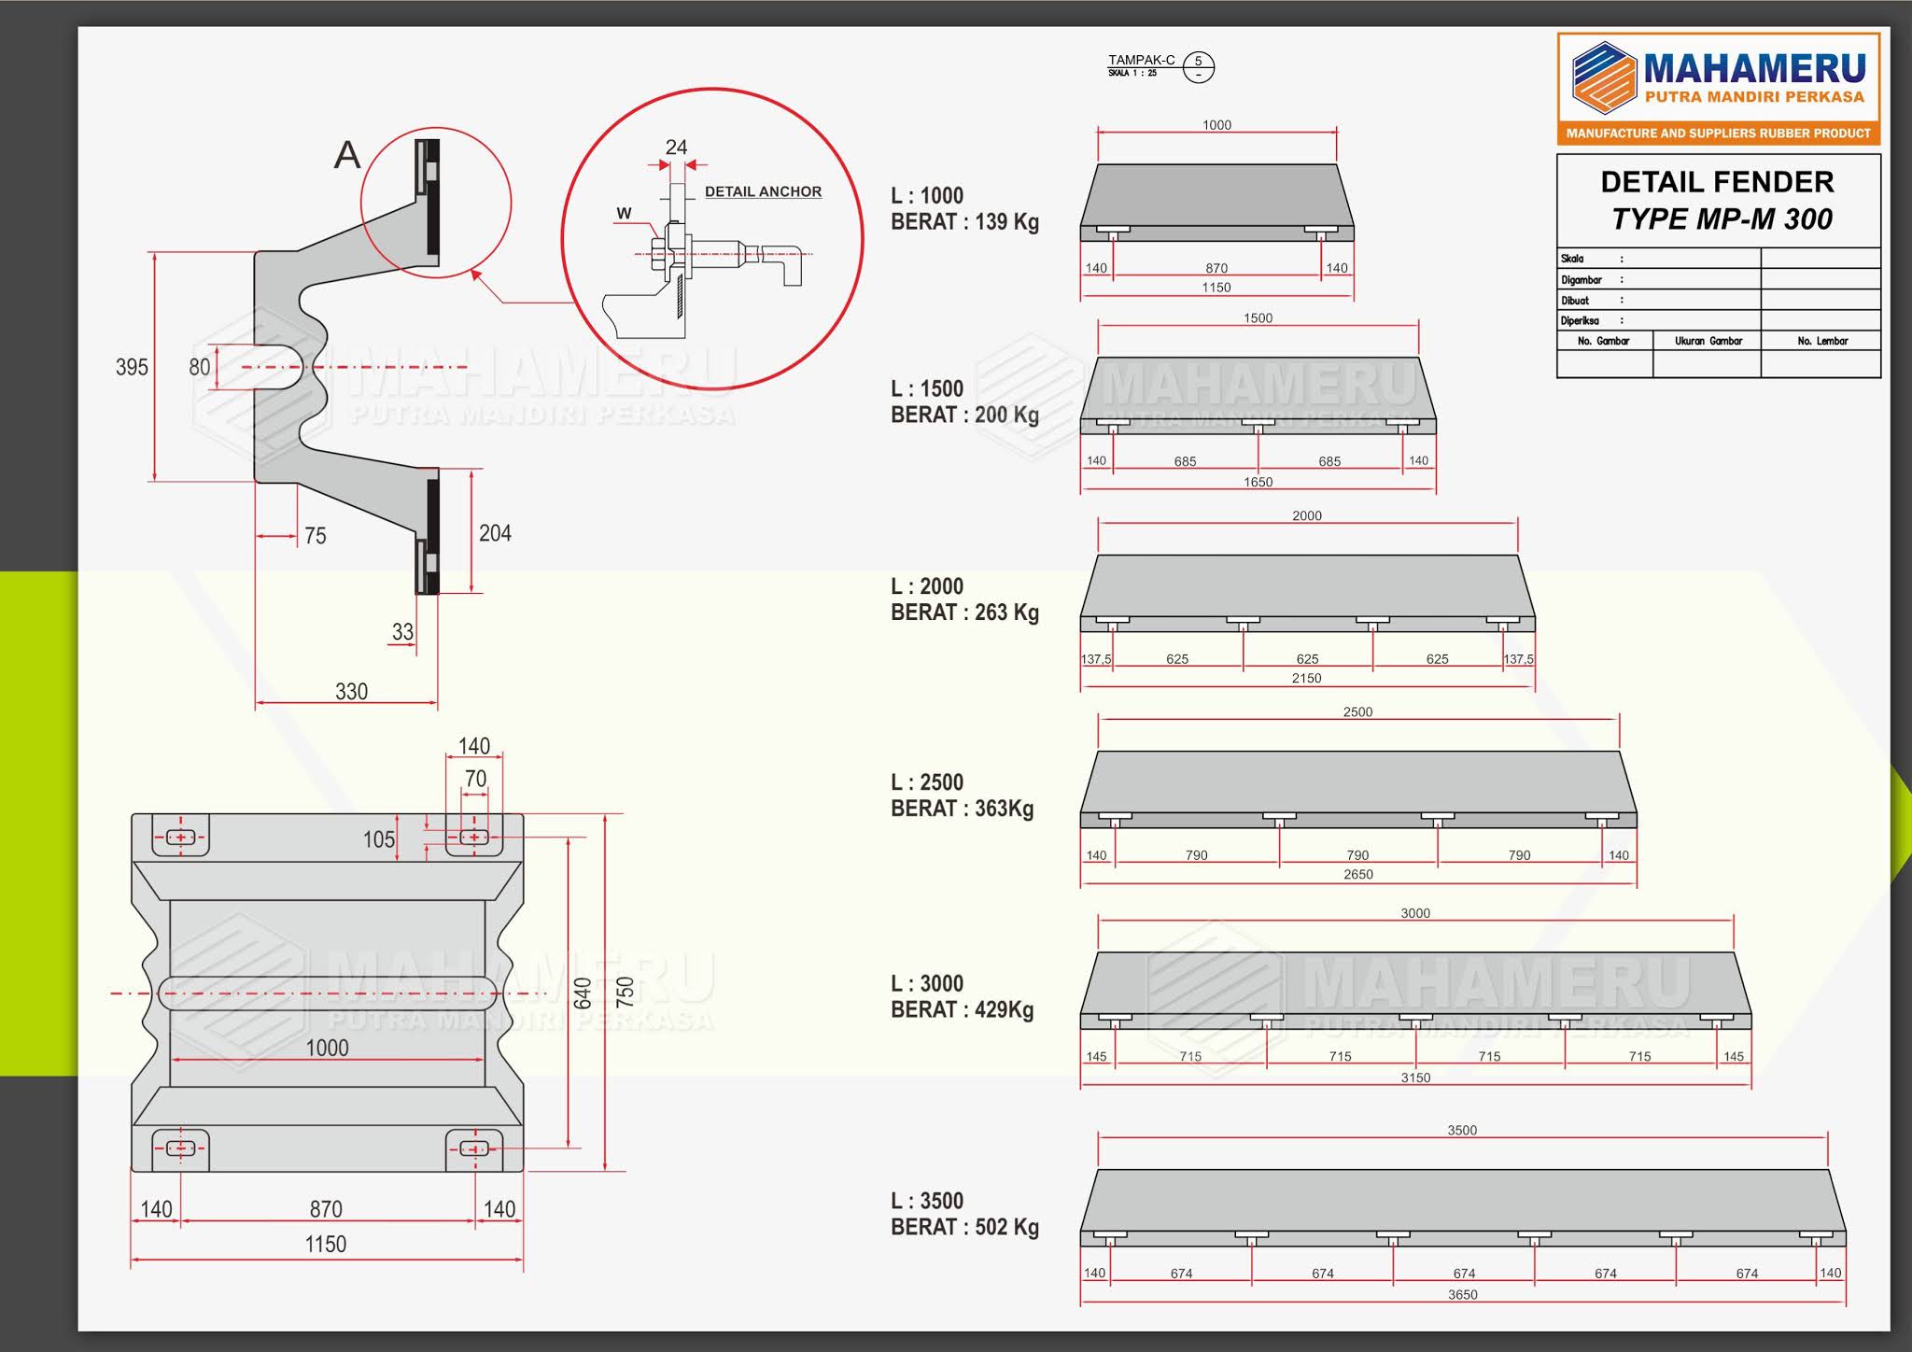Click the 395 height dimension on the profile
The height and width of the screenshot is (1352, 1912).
tap(132, 367)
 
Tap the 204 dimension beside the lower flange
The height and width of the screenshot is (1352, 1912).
tap(495, 533)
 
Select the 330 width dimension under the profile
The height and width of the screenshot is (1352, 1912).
tap(351, 692)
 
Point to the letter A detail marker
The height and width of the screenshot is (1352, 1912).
tap(347, 155)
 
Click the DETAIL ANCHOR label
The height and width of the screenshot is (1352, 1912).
tap(763, 191)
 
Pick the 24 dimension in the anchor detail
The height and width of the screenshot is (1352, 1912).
tap(676, 148)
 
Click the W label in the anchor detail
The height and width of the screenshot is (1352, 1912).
tap(624, 213)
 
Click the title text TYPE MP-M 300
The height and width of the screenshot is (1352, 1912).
tap(1722, 219)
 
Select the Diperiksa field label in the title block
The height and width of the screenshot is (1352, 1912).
tap(1580, 320)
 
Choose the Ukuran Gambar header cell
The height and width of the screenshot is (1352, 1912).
tap(1708, 341)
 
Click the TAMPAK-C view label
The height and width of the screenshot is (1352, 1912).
tap(1141, 61)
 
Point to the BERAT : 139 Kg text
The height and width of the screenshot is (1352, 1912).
tap(964, 222)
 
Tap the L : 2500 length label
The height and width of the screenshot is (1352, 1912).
tap(926, 782)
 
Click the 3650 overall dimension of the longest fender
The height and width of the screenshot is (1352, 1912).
tap(1462, 1295)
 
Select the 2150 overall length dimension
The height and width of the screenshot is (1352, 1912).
tap(1306, 679)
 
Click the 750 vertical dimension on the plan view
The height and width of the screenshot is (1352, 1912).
tap(626, 991)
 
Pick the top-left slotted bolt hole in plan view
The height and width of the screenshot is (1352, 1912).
tap(180, 838)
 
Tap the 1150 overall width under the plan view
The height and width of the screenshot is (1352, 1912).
tap(325, 1245)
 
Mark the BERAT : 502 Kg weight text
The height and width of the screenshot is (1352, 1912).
tap(964, 1228)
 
